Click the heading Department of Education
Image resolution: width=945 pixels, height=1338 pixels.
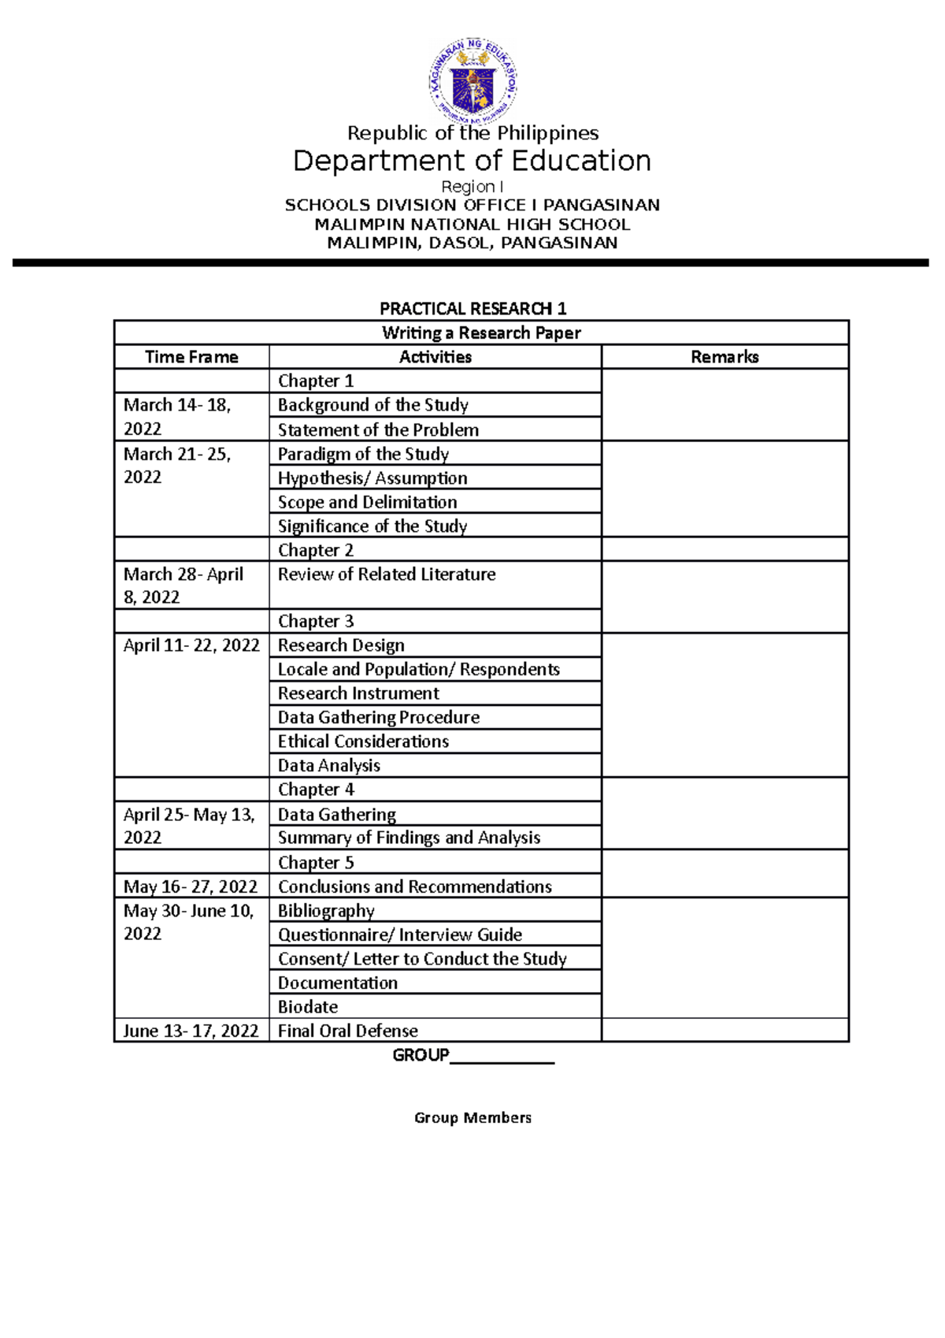coord(472,161)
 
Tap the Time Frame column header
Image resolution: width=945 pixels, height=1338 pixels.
coord(191,357)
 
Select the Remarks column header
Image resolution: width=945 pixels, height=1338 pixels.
coord(724,357)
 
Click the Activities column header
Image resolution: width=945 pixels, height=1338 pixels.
coord(435,357)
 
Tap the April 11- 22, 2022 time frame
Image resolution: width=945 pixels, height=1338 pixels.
coord(191,645)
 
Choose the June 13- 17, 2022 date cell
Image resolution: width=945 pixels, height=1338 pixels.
coord(191,1031)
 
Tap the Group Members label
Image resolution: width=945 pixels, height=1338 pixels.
coord(472,1117)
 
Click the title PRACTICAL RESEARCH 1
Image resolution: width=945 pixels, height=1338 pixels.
coord(472,308)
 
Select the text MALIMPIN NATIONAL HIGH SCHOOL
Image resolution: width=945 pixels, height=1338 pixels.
coord(472,224)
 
